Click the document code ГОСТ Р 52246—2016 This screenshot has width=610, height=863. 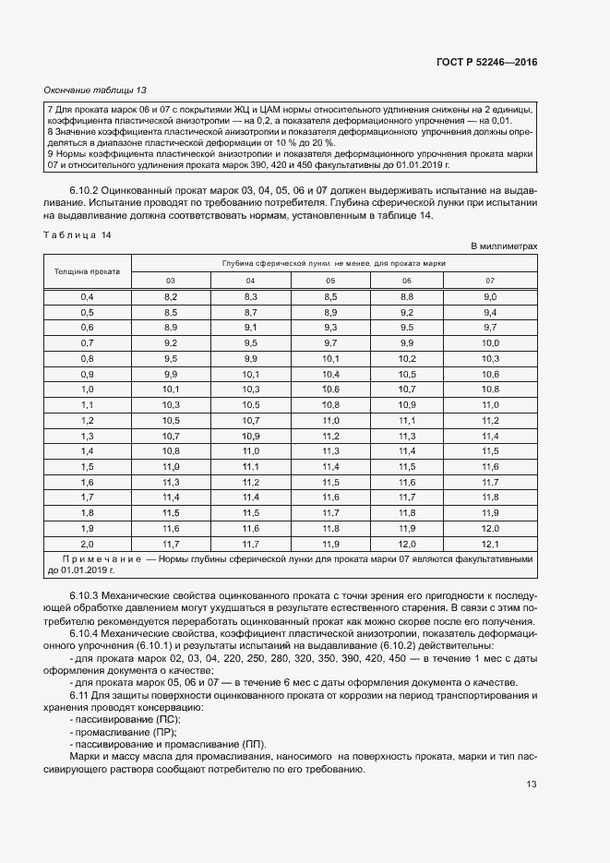[x=486, y=62]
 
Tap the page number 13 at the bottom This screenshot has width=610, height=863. [x=531, y=785]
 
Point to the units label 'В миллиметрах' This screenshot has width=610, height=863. [x=504, y=246]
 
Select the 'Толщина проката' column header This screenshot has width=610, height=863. [x=88, y=271]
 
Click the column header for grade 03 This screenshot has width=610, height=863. [x=171, y=281]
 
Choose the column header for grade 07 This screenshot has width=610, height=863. [x=490, y=281]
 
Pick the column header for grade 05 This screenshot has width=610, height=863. [x=330, y=281]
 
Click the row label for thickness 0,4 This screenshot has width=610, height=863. [x=88, y=296]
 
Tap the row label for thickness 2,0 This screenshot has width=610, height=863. [x=88, y=545]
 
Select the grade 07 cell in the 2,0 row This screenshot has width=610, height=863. [x=490, y=545]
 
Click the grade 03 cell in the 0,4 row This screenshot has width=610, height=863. [x=171, y=296]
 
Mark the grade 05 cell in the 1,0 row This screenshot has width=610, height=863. [x=330, y=390]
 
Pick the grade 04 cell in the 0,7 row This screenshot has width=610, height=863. [x=250, y=342]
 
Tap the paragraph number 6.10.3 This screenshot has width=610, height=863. [x=85, y=599]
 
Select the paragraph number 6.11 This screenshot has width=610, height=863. [x=79, y=694]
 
